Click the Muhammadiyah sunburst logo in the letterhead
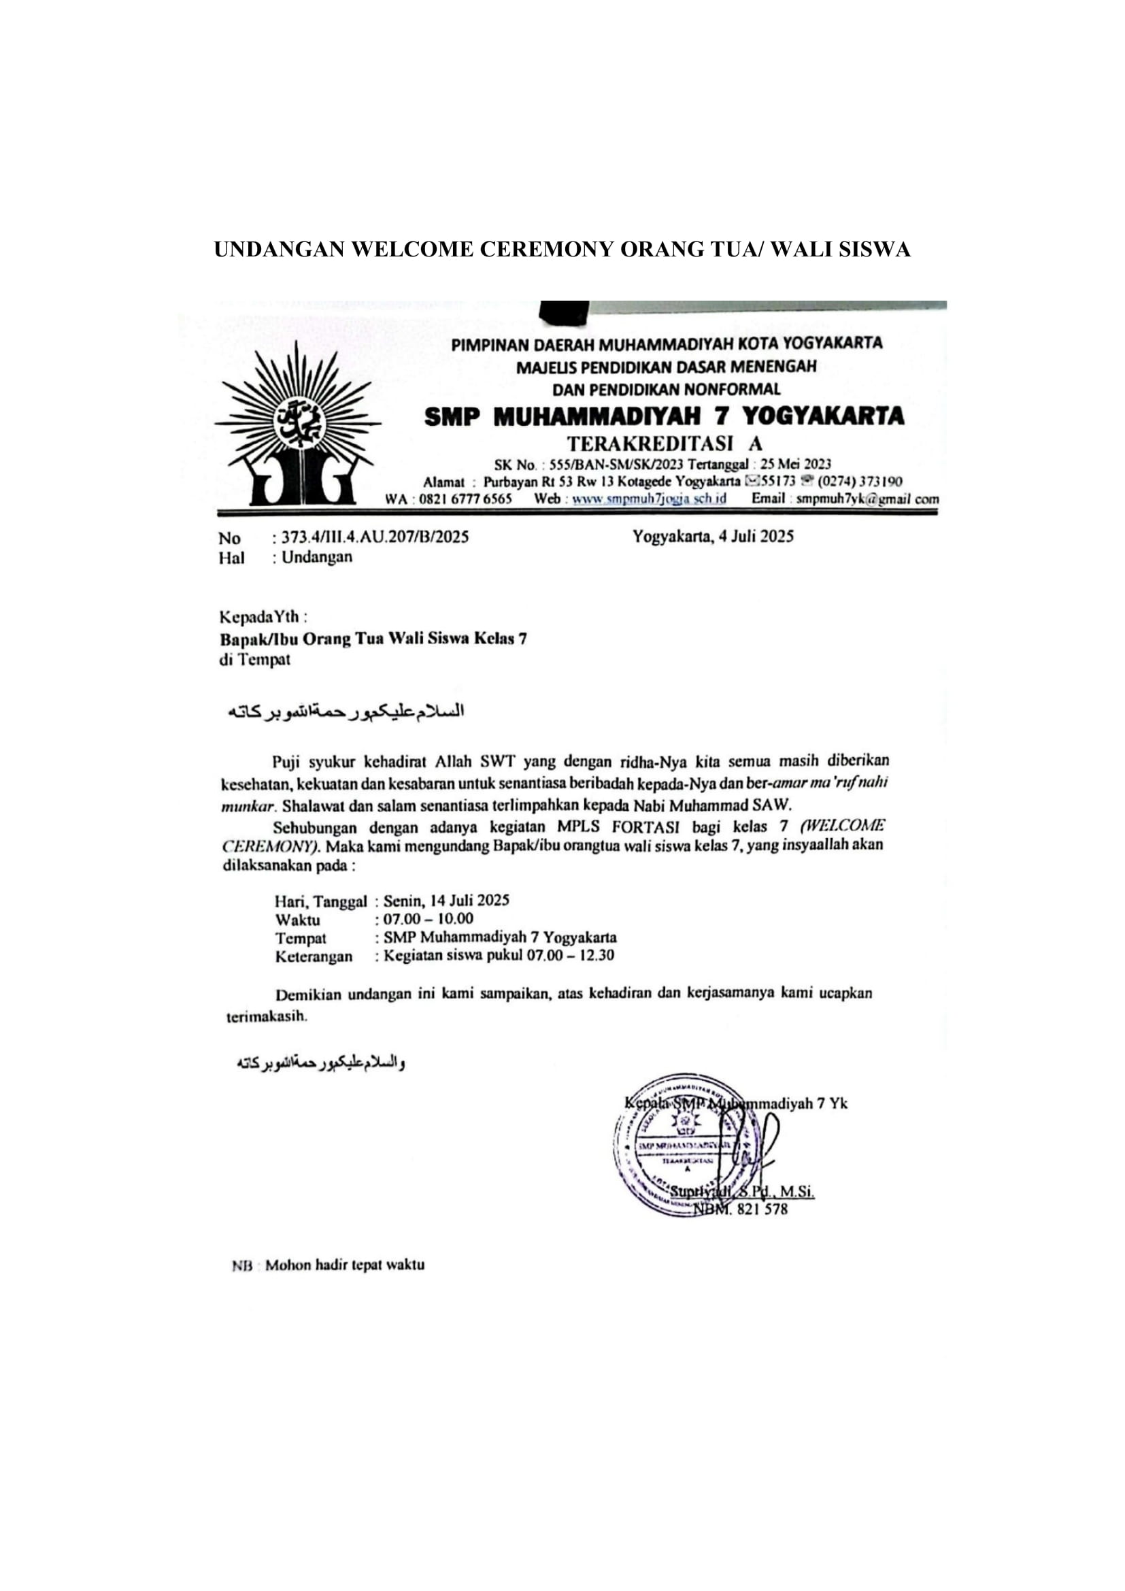298,425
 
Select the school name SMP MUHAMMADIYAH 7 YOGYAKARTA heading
664,416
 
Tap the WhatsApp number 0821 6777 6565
465,499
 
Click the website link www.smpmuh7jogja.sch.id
649,499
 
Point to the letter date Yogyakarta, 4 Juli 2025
713,535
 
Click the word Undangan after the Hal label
316,557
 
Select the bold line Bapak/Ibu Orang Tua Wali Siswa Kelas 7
373,638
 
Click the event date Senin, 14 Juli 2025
446,901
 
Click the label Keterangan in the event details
314,957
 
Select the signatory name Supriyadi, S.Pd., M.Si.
742,1192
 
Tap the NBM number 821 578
760,1210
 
